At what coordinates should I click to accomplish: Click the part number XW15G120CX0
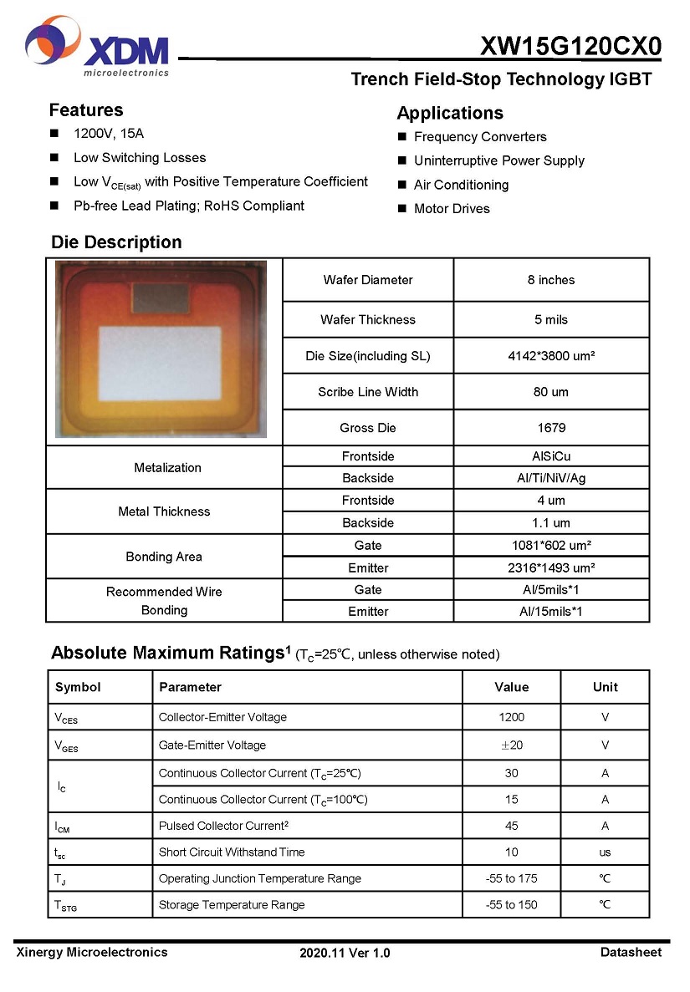coord(570,47)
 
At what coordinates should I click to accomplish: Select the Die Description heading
coord(116,242)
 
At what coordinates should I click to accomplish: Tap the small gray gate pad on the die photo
coord(161,297)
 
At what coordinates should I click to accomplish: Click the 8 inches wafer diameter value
coord(551,280)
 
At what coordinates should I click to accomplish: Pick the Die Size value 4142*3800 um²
coord(551,356)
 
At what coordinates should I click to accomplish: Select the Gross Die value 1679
coord(551,428)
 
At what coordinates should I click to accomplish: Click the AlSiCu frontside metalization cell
coord(551,456)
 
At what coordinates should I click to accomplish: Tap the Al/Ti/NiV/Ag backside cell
coord(551,478)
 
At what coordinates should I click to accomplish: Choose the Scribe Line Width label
coord(368,392)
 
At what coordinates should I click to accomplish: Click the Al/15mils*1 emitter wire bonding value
coord(551,611)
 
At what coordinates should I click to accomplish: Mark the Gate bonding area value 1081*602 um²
coord(551,546)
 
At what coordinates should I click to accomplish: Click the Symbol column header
coord(78,687)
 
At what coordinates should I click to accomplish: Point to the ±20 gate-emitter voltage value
coord(511,745)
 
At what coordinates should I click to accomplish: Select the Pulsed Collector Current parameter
coord(223,826)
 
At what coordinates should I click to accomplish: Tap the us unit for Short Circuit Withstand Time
coord(605,852)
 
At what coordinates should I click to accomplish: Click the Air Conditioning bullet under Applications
coord(461,185)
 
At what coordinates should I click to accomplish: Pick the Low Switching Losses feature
coord(139,157)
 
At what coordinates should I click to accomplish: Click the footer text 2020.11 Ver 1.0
coord(345,953)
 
